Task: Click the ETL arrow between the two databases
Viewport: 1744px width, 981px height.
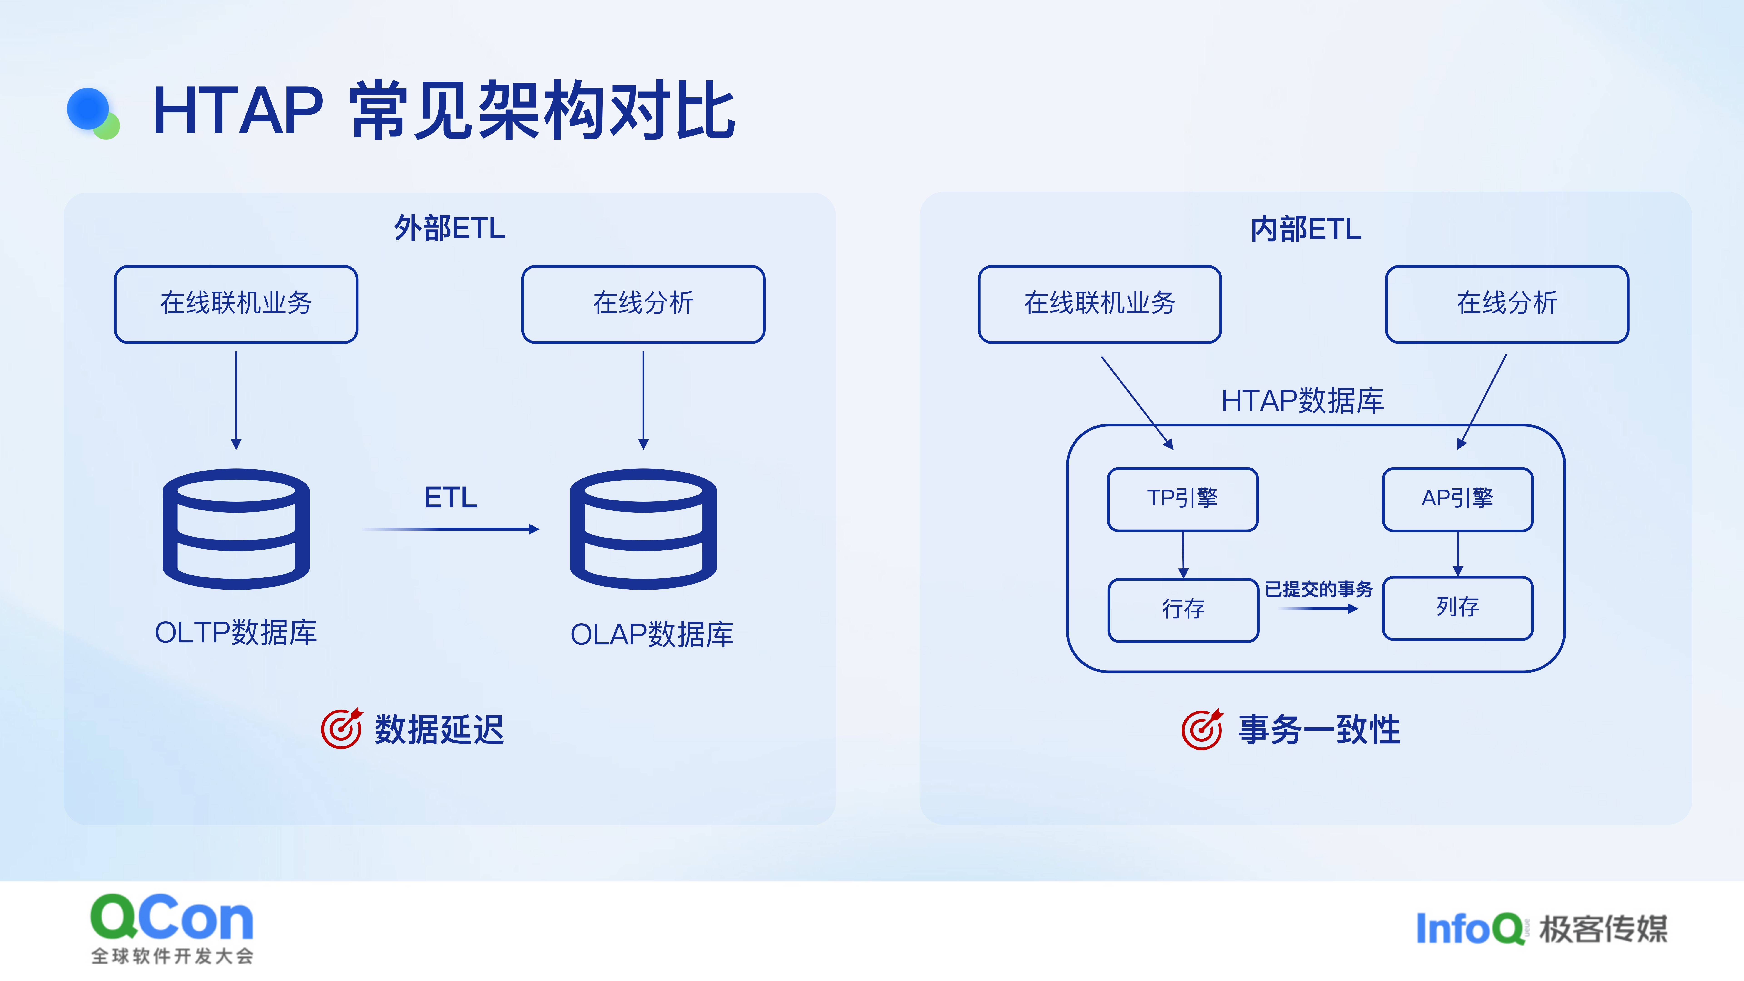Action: [x=450, y=529]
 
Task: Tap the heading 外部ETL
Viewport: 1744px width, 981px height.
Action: [x=450, y=228]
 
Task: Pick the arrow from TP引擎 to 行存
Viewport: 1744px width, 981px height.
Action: [x=1183, y=555]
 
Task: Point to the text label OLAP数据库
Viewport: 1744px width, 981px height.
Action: [x=652, y=634]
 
